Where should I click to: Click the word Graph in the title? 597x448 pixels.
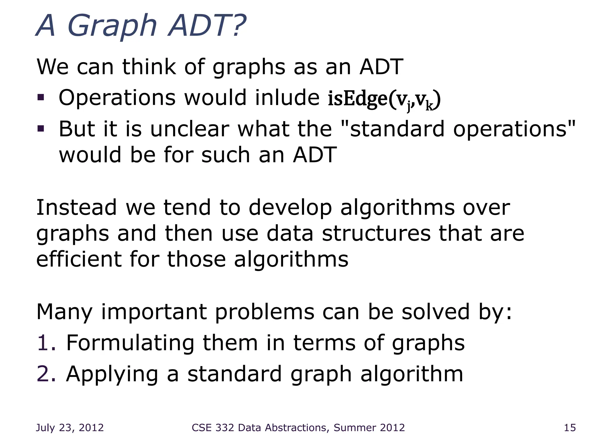[112, 26]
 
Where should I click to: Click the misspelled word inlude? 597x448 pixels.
[287, 98]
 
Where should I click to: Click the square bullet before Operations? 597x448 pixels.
[41, 97]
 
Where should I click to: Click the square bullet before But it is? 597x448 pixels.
[41, 129]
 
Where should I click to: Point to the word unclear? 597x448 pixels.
[190, 129]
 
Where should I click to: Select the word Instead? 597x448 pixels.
[76, 208]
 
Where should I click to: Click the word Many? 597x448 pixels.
[64, 312]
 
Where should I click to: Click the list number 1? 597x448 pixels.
[46, 343]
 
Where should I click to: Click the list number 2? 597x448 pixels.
[46, 374]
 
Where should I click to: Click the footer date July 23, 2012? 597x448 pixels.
[70, 428]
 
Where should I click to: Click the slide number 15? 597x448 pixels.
[570, 428]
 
